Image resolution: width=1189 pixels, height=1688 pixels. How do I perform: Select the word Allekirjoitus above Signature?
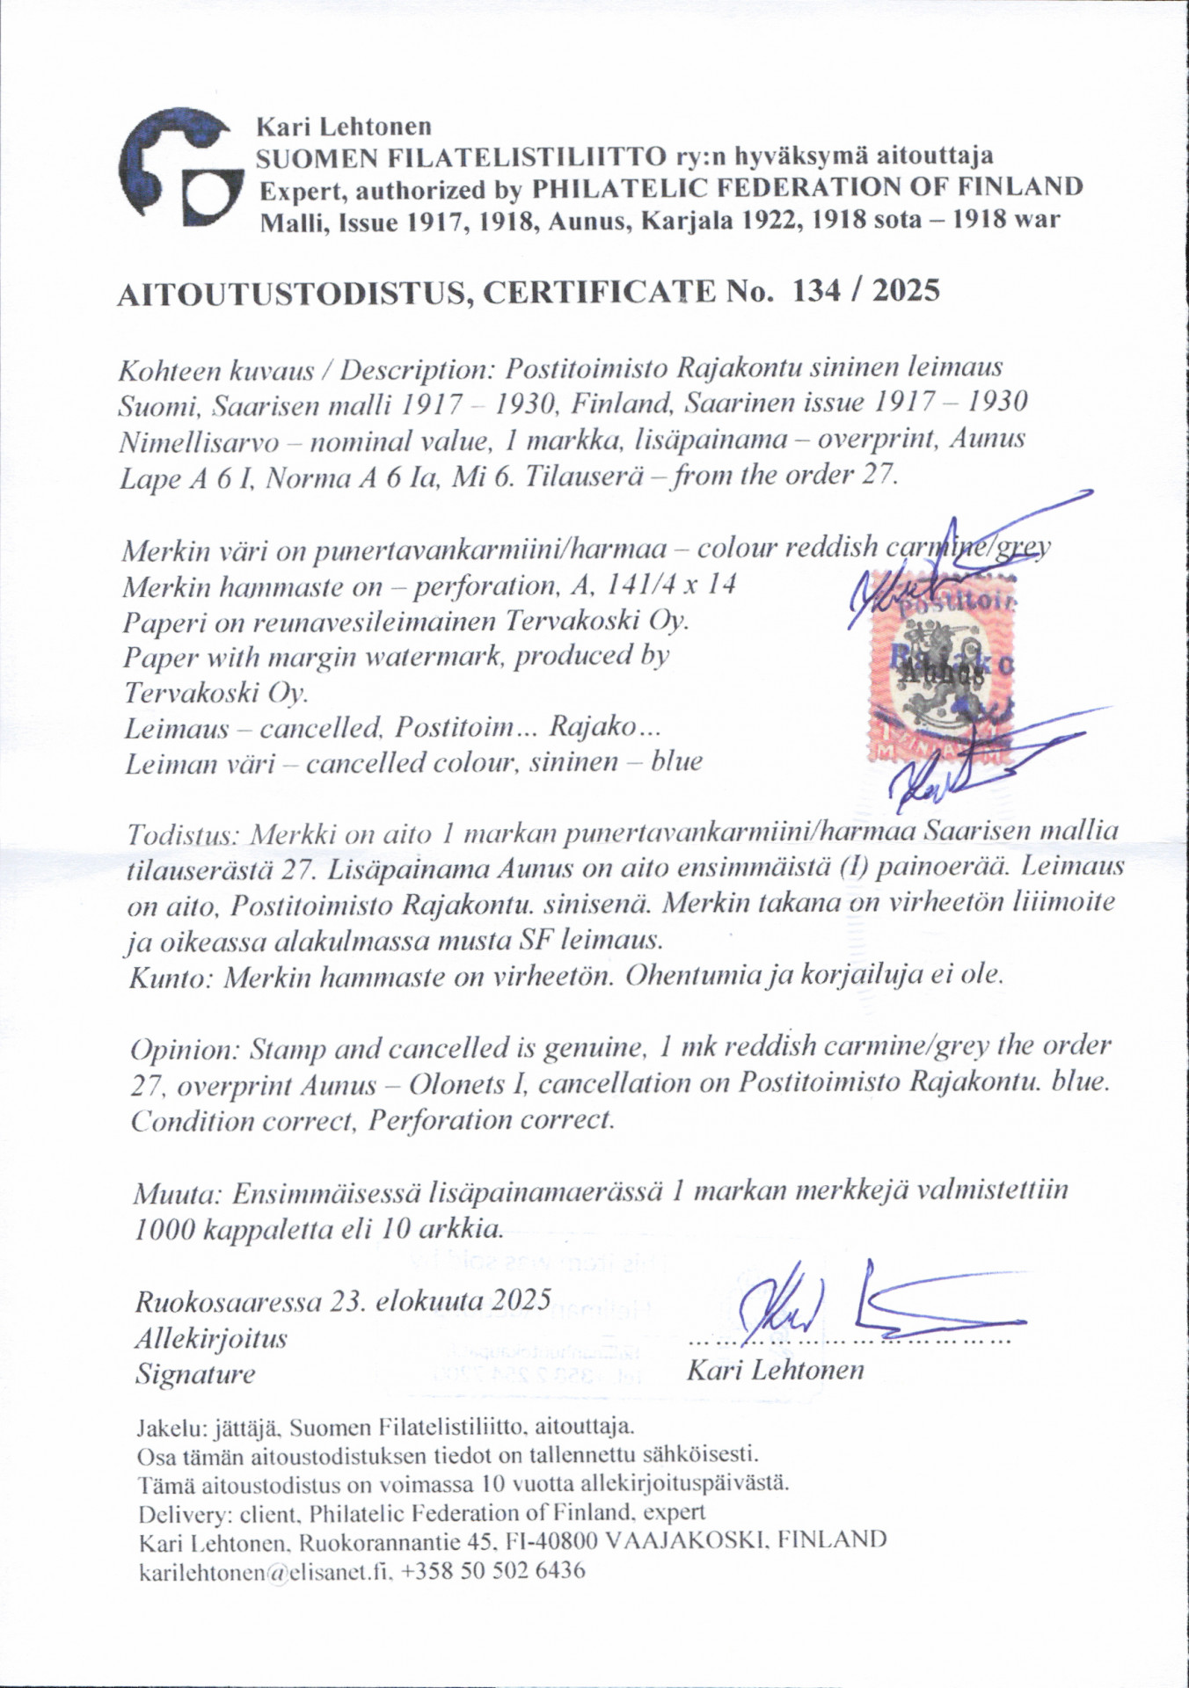[x=211, y=1338]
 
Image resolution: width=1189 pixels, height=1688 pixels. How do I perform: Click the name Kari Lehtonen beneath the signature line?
[x=775, y=1369]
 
